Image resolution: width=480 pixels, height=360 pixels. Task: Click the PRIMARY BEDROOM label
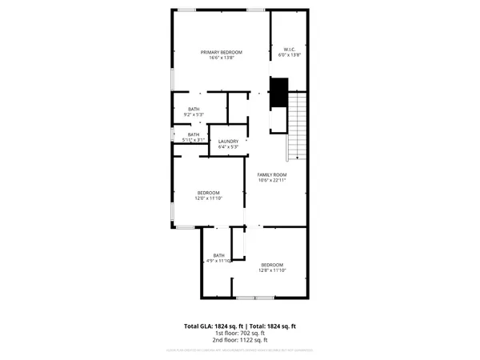pos(221,52)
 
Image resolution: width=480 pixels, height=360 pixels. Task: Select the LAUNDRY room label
pos(228,142)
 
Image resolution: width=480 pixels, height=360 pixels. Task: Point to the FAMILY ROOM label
pos(271,174)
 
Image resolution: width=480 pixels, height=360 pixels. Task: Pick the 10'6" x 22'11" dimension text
pos(271,181)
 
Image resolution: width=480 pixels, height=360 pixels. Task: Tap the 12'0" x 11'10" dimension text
pos(209,198)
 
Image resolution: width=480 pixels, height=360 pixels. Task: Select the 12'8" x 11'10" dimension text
pos(271,270)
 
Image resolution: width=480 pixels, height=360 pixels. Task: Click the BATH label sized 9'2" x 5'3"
pos(194,109)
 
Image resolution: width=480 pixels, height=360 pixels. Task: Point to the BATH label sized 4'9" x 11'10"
pos(218,255)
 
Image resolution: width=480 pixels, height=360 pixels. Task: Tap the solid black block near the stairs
pos(279,93)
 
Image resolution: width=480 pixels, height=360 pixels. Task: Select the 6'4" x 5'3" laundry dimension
pos(228,147)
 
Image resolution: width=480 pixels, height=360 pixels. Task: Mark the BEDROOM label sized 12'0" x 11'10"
pos(209,192)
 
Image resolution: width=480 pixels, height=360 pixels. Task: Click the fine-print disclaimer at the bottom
pos(239,350)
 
